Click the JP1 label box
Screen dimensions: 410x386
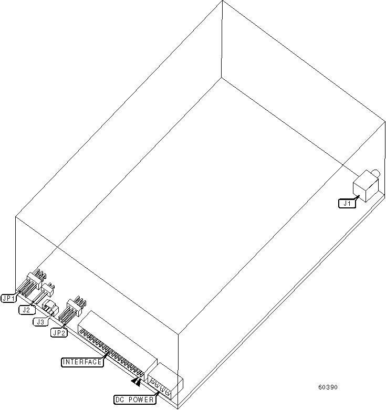(x=9, y=298)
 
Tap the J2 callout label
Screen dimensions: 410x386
(x=26, y=310)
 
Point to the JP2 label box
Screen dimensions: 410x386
(x=58, y=332)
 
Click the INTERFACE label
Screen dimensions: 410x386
(x=82, y=362)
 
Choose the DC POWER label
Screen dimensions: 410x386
(x=135, y=400)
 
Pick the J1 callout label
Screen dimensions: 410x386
(x=346, y=203)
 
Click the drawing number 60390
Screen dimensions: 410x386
(x=328, y=387)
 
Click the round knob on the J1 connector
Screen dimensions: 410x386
(x=376, y=173)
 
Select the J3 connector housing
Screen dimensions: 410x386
(x=50, y=305)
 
